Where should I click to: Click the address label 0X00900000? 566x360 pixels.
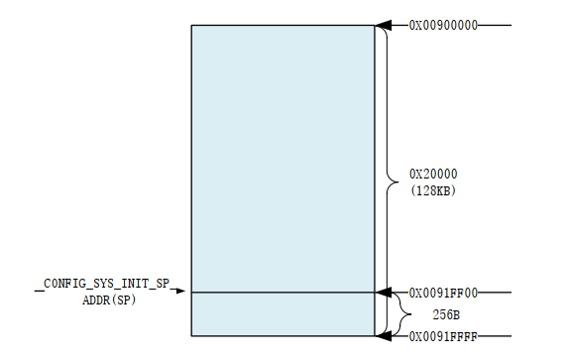tap(443, 25)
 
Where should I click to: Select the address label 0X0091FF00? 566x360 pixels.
tap(443, 293)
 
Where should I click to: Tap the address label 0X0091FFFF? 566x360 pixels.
tap(443, 337)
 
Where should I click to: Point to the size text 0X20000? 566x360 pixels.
tap(433, 175)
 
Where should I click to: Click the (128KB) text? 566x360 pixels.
tap(433, 189)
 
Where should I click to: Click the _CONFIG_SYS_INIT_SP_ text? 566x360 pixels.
tap(109, 285)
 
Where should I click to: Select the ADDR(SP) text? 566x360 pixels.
tap(109, 300)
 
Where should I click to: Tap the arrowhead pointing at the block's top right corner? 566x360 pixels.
tap(385, 25)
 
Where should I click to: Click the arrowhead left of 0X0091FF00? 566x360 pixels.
tap(385, 293)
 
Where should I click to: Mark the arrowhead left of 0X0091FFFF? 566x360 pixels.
tap(385, 337)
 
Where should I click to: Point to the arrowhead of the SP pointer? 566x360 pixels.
tap(182, 293)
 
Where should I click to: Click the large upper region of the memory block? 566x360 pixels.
tap(282, 159)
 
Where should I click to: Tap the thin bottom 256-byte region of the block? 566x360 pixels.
tap(282, 314)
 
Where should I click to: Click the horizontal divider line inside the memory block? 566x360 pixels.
tap(282, 293)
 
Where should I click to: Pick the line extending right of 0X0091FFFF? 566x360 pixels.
tap(496, 337)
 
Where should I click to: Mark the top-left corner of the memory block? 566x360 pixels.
tap(191, 26)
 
